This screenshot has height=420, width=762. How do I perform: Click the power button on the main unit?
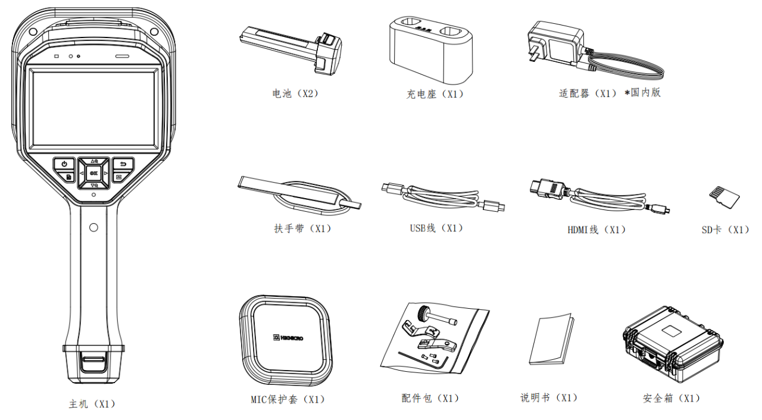64,164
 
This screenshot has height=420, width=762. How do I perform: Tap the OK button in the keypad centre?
93,173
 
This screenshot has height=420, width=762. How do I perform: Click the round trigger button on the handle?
93,228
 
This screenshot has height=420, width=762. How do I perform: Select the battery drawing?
291,50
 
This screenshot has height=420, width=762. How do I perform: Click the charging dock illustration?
431,51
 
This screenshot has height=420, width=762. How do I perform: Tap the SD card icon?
724,197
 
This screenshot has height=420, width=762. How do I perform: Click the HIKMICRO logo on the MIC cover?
289,337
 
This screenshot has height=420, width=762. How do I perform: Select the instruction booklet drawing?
552,339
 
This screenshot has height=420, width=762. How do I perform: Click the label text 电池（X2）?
295,93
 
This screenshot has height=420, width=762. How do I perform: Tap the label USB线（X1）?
436,228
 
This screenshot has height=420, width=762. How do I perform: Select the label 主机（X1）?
92,404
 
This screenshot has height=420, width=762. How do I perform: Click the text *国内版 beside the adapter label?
642,92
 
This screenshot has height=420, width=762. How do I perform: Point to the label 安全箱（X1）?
672,398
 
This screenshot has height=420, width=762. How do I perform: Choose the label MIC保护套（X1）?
288,399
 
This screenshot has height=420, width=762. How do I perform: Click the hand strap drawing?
299,196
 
